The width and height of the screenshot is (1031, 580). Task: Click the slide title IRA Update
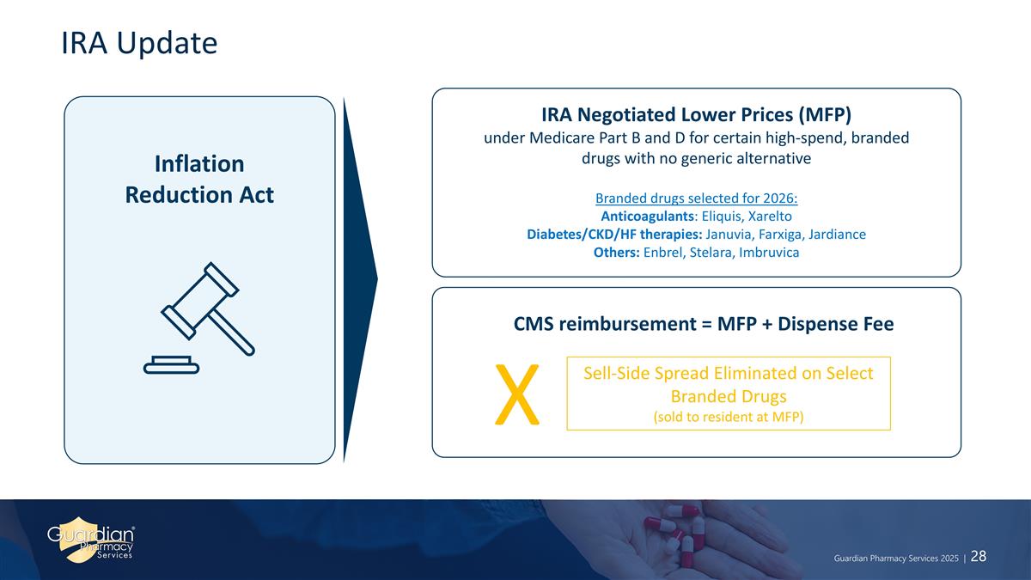(139, 43)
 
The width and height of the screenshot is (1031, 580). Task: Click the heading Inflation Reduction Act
(199, 179)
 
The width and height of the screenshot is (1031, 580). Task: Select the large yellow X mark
(517, 394)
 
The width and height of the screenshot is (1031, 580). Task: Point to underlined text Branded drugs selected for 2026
(696, 198)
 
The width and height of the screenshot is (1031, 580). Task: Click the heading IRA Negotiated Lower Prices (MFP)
(696, 113)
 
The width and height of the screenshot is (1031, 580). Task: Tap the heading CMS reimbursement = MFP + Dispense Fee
(703, 324)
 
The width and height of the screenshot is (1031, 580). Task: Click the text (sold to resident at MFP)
(728, 417)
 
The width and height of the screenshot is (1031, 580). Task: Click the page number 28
(979, 556)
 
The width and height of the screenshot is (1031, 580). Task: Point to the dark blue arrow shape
(358, 279)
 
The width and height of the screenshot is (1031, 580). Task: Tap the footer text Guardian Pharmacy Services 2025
(896, 558)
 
